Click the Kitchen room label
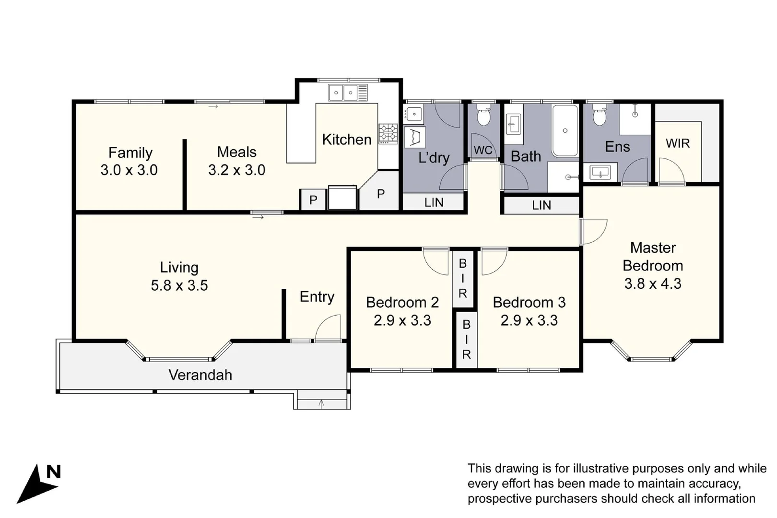[346, 140]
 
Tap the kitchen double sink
[348, 92]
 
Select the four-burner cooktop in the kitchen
[388, 133]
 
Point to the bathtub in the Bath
[565, 130]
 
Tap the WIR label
[677, 143]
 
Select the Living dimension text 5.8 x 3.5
[179, 285]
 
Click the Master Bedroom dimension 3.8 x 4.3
[652, 283]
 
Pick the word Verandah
[200, 375]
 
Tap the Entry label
[317, 297]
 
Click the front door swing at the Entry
[329, 328]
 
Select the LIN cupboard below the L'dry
[434, 202]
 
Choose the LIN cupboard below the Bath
[541, 205]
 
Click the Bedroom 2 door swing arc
[436, 262]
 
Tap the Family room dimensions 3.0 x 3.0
[129, 170]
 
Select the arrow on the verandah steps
[321, 404]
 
